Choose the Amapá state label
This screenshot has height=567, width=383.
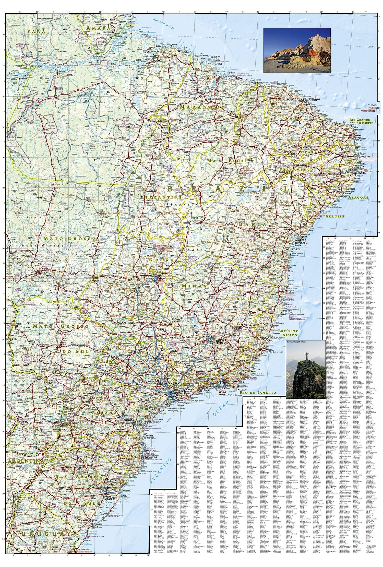96,28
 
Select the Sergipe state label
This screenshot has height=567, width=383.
335,216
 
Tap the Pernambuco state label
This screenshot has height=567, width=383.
296,170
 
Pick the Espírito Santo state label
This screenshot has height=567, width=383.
288,333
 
